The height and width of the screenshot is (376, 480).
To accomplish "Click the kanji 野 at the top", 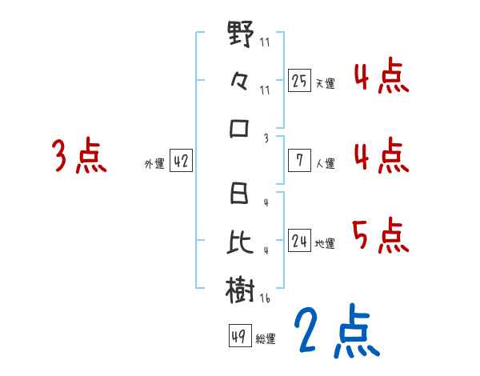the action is coord(241,34).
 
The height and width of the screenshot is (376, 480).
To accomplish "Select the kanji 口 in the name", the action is coord(241,128).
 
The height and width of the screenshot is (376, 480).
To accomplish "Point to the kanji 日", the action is coord(241,194).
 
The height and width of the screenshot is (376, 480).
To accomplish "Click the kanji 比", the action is coord(241,241).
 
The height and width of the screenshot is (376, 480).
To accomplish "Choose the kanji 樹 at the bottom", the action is coord(241,289).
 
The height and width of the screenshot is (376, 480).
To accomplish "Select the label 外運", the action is coord(154,163).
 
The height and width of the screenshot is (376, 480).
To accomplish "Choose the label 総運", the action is coord(266,338).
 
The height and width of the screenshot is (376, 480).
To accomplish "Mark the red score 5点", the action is coord(380,236).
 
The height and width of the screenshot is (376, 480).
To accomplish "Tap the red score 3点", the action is coord(78,157).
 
